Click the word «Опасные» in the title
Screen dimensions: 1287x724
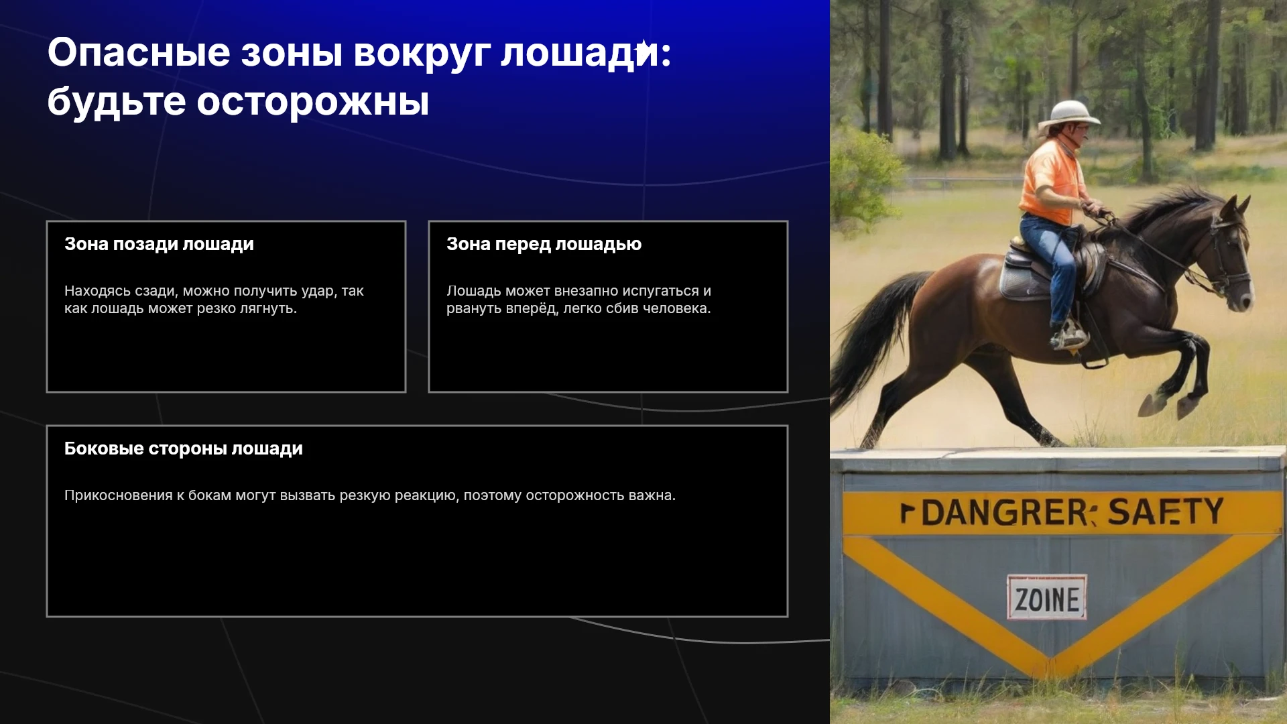coord(139,52)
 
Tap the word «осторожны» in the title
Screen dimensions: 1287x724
coord(312,102)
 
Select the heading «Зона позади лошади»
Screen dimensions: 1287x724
coord(159,244)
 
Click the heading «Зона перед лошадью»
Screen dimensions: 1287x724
coord(544,244)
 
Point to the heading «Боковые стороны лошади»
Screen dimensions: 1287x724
coord(184,448)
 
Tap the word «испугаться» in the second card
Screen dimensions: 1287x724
coord(660,292)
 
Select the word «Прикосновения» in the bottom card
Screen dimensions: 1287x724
coord(119,495)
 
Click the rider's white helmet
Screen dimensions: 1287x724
coord(1068,114)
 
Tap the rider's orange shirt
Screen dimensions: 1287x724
coord(1051,182)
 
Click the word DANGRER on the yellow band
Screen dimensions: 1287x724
coord(1005,513)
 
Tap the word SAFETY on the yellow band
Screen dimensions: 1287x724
coord(1166,511)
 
